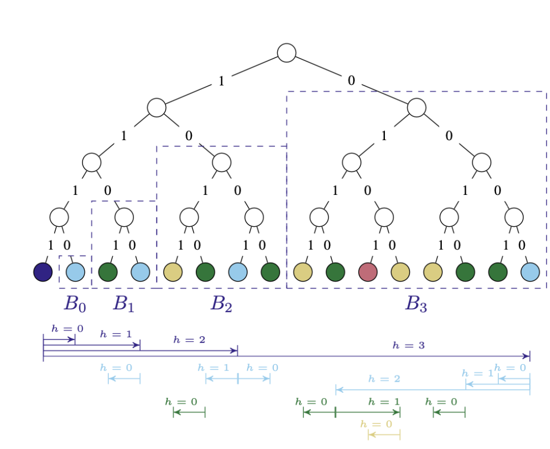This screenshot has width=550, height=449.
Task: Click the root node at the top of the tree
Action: [286, 52]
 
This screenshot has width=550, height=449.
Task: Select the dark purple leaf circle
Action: [43, 272]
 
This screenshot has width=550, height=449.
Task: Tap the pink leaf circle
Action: [368, 272]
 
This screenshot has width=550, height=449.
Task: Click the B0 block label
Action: [75, 304]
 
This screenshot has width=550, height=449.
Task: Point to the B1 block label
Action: [124, 304]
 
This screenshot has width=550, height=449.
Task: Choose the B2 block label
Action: [221, 304]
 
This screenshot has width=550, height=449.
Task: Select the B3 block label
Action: [416, 304]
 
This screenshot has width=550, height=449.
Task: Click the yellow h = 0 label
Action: [376, 424]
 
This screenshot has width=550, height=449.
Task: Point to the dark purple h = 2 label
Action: [189, 340]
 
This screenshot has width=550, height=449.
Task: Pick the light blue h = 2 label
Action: [384, 378]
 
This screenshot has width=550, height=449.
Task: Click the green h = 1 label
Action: [384, 402]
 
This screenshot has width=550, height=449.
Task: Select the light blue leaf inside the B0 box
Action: [75, 272]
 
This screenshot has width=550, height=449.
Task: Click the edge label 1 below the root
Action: [221, 81]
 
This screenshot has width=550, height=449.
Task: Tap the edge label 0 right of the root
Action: [351, 81]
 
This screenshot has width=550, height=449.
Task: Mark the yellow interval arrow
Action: [384, 435]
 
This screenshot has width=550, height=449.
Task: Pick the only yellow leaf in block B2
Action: [173, 272]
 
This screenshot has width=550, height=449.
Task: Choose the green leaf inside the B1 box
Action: [108, 272]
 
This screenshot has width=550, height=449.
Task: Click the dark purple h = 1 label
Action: [116, 334]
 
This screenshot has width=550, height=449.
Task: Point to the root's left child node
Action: [157, 107]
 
